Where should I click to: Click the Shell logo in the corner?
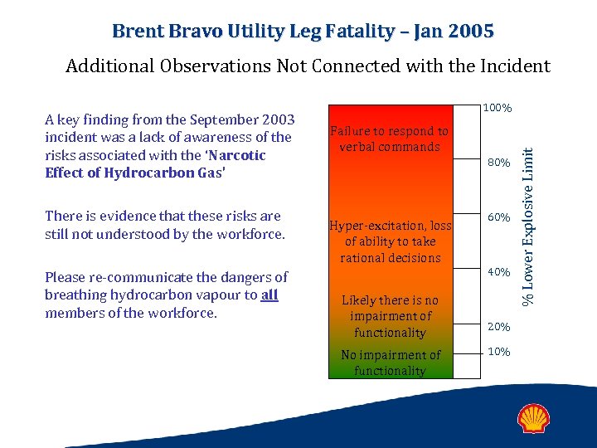click(x=535, y=418)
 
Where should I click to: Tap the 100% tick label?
click(x=498, y=109)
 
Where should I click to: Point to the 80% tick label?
click(x=498, y=163)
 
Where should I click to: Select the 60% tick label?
click(x=498, y=217)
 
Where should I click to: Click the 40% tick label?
click(x=498, y=272)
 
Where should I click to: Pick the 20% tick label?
click(x=498, y=327)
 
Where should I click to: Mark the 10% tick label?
click(x=498, y=351)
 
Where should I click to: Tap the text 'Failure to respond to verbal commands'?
click(x=389, y=139)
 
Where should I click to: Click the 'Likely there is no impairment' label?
click(x=390, y=316)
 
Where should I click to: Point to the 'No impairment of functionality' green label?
click(x=389, y=363)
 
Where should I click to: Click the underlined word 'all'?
click(x=269, y=295)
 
